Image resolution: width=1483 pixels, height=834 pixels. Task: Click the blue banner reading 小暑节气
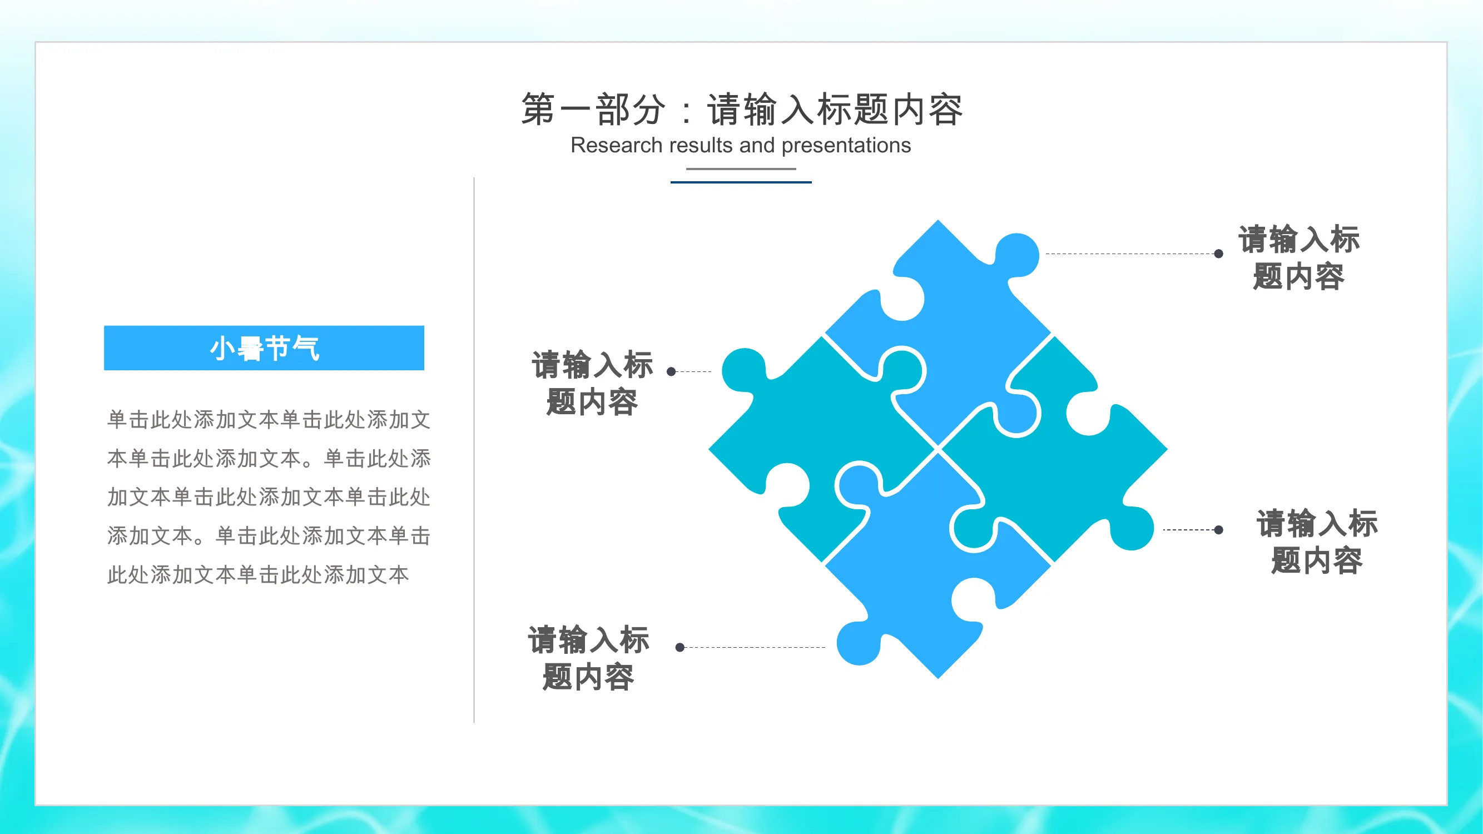[264, 348]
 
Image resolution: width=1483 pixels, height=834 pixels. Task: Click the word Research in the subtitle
[616, 145]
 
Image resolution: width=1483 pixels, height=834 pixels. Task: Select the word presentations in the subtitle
[846, 146]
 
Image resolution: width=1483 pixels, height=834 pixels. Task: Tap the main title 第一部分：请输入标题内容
[742, 109]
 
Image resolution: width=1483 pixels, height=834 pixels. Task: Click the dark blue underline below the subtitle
[741, 182]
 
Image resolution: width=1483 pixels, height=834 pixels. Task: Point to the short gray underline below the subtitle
[741, 168]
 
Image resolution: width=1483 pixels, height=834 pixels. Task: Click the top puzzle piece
[956, 322]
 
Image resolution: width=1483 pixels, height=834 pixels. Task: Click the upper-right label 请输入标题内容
[1299, 258]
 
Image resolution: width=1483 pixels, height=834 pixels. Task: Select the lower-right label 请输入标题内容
[1317, 542]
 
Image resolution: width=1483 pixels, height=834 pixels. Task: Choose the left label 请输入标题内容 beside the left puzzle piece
[592, 383]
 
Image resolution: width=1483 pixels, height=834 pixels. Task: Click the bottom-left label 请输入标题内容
[588, 658]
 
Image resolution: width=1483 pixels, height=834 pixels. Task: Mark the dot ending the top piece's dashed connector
[1219, 254]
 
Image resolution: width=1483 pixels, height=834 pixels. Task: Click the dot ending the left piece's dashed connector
[671, 372]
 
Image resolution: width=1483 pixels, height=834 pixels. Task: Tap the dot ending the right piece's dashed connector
[1219, 530]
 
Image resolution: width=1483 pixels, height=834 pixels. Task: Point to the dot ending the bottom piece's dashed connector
[680, 648]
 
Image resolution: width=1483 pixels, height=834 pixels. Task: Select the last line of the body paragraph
[258, 574]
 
